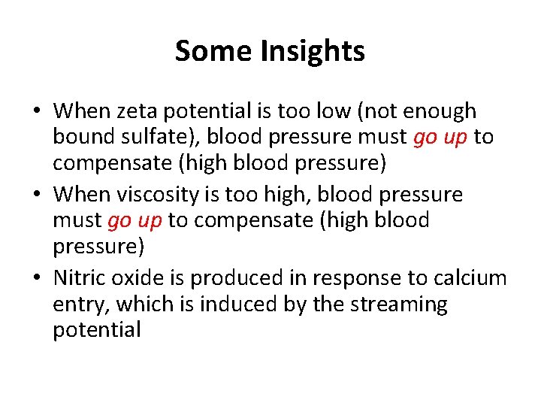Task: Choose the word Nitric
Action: pyautogui.click(x=80, y=278)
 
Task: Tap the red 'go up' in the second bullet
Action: pyautogui.click(x=135, y=222)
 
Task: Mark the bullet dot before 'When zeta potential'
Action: pyautogui.click(x=37, y=113)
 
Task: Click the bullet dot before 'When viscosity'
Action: pyautogui.click(x=37, y=195)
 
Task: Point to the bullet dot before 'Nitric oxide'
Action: pyautogui.click(x=37, y=279)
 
